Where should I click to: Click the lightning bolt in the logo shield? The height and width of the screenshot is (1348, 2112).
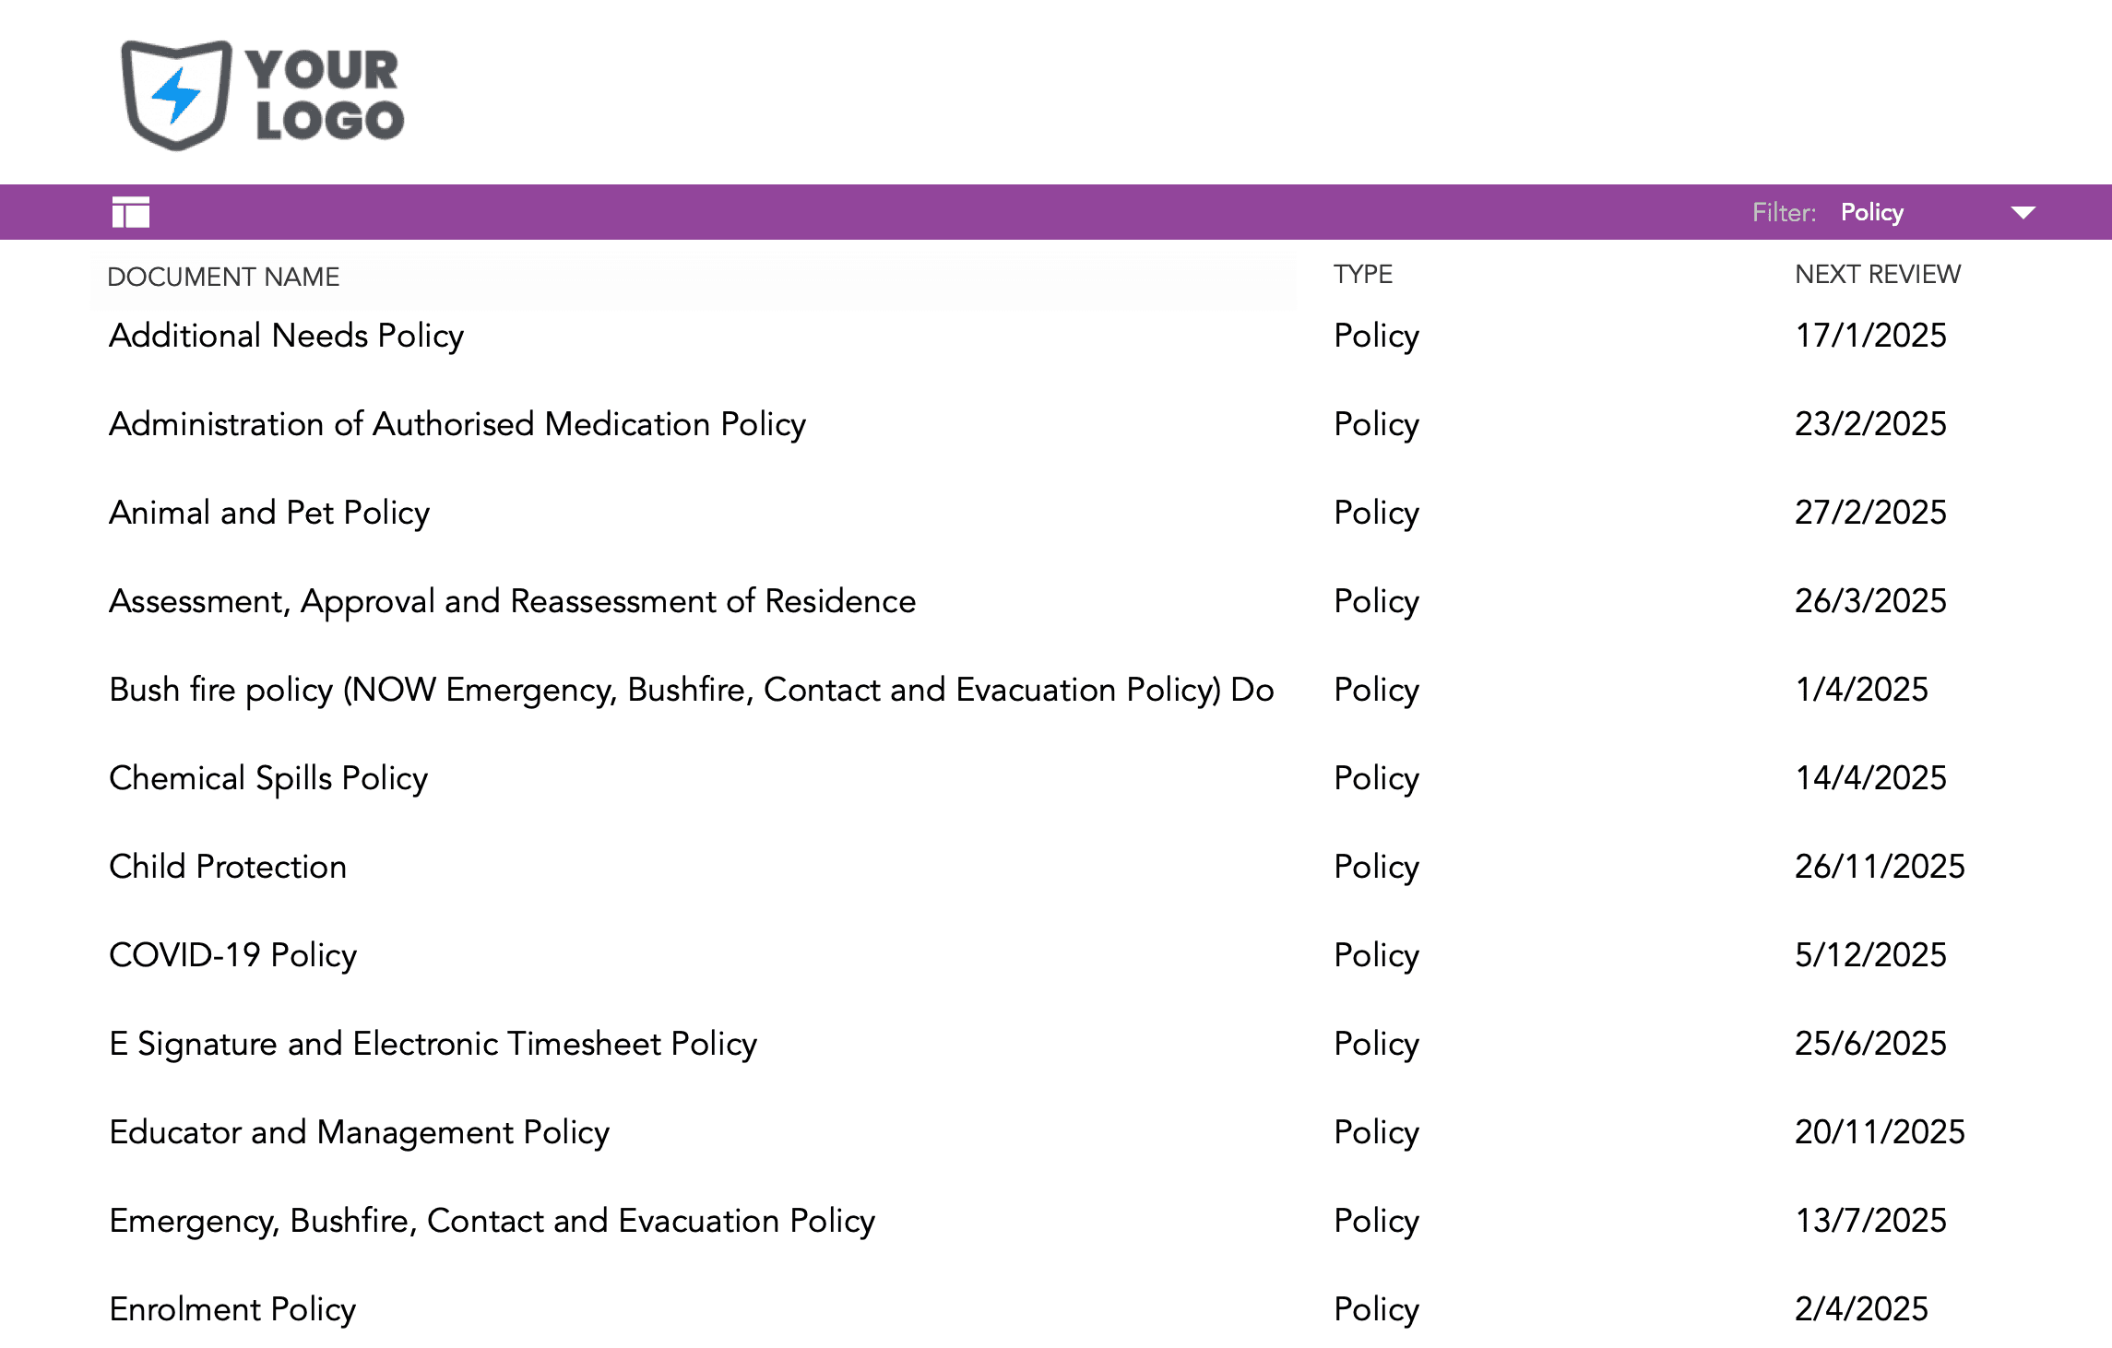176,95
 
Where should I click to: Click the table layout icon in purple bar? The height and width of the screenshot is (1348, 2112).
131,212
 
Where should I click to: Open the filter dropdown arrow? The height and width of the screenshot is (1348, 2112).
2023,213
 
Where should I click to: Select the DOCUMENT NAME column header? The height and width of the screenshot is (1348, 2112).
223,277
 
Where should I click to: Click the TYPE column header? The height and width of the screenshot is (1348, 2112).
1362,274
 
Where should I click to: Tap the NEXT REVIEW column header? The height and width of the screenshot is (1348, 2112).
1877,274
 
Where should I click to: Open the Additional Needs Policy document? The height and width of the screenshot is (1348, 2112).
286,336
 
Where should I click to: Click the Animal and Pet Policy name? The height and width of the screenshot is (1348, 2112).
269,513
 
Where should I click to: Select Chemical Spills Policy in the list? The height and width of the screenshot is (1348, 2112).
268,778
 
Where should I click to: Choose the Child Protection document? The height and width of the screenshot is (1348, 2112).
228,867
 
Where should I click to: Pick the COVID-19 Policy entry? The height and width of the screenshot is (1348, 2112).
232,955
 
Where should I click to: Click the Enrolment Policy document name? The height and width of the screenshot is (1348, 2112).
232,1309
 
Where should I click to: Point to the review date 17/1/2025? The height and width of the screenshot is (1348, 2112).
1870,336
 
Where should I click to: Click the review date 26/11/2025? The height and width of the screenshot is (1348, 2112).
1880,867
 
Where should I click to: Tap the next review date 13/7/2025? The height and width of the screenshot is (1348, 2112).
1870,1221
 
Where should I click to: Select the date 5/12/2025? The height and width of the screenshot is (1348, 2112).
1870,955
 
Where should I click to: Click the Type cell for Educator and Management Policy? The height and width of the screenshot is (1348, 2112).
1376,1132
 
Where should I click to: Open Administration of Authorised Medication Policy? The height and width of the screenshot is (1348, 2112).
457,424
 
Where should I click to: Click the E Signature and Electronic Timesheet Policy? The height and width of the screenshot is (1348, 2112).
433,1044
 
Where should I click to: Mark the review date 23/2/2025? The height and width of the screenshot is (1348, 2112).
1870,424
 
